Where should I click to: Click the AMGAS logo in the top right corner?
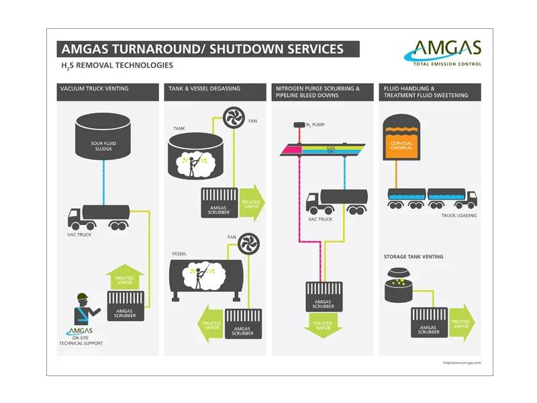[443, 53]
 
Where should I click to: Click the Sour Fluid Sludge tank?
[103, 136]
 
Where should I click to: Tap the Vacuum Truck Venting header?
[107, 92]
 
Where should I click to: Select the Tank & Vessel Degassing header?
[215, 92]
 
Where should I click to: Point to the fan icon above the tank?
[234, 117]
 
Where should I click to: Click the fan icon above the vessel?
[248, 244]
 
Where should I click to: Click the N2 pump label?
[315, 125]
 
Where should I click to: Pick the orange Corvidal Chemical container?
[401, 138]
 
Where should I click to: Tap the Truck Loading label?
[458, 216]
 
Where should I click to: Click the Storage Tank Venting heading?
[413, 257]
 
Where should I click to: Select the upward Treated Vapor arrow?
[125, 277]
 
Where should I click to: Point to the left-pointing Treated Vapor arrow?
[211, 324]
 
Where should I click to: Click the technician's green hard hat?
[83, 296]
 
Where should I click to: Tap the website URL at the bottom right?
[462, 363]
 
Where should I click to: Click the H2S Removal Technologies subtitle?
[117, 65]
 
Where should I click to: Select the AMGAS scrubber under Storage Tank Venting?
[429, 322]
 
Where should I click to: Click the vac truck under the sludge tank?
[99, 217]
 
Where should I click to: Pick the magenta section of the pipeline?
[291, 150]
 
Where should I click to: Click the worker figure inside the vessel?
[199, 277]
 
